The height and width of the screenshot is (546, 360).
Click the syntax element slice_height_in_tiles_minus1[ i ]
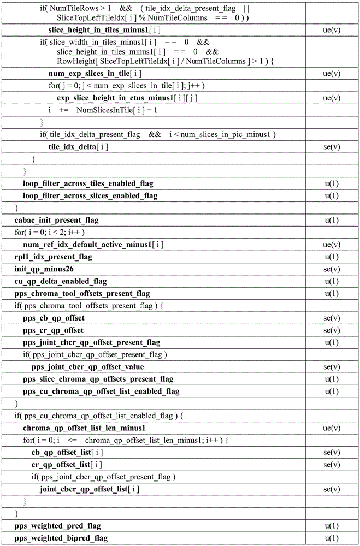point(104,30)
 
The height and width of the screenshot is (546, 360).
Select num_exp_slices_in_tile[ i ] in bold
point(95,73)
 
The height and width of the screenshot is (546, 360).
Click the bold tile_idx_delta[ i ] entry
point(78,147)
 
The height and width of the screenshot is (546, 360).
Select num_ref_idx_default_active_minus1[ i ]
point(93,245)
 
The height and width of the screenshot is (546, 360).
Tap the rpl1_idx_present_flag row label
point(53,257)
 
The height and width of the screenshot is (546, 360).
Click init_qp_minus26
point(44,269)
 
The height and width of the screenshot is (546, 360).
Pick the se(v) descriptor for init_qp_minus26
point(332,269)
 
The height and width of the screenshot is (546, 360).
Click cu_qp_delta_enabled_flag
point(60,281)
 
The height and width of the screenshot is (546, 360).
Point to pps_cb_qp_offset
point(54,318)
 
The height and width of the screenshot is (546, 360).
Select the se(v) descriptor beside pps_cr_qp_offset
point(332,330)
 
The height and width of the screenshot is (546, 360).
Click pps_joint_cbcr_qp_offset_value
point(88,367)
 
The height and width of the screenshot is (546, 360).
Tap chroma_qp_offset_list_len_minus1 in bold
point(84,428)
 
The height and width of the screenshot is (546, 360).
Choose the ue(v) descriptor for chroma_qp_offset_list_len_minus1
point(332,428)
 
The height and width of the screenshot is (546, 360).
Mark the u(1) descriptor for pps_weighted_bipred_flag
point(332,538)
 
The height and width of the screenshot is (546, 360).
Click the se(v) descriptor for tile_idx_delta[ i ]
point(332,147)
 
